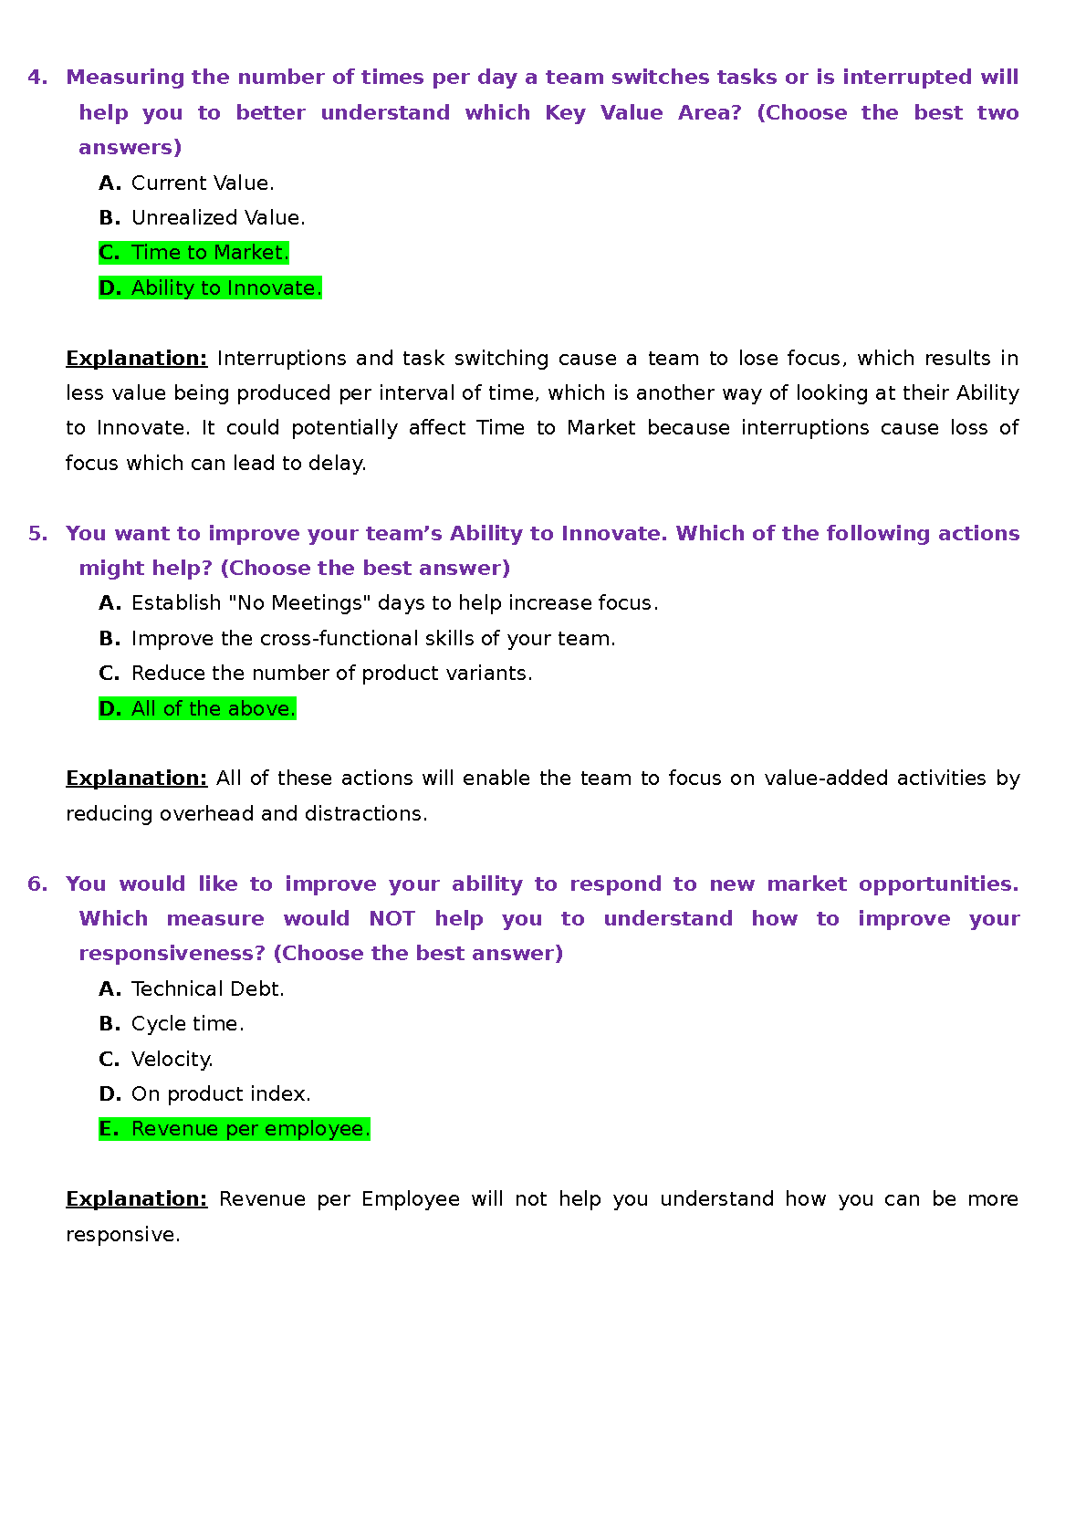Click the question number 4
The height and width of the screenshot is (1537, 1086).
37,78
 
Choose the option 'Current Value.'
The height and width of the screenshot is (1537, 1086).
202,183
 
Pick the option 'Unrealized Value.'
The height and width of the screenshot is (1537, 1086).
217,218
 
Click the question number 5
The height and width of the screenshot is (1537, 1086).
37,534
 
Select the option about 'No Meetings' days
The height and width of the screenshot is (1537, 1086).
393,603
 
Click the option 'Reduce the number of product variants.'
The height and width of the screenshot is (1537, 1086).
331,674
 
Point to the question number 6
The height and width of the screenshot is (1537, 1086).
37,884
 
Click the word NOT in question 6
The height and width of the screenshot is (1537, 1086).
392,919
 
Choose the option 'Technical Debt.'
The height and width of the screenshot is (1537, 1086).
207,989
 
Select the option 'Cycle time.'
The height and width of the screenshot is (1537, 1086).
187,1024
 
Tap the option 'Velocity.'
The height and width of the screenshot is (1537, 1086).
172,1060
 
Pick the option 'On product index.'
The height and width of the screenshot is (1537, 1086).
221,1094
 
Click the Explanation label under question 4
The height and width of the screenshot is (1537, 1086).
137,359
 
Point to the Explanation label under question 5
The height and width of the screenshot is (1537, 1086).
137,779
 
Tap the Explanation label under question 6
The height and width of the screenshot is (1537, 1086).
137,1199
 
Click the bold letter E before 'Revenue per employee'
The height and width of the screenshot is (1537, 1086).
109,1129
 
